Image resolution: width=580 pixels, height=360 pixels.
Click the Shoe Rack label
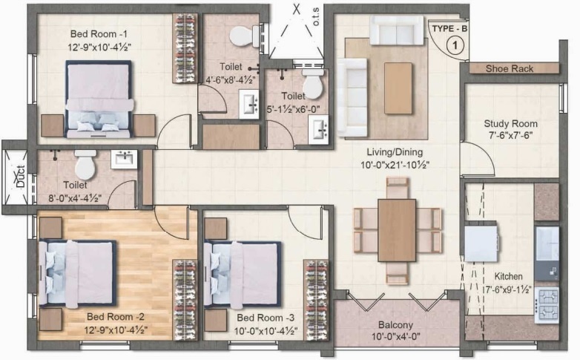[x=510, y=69]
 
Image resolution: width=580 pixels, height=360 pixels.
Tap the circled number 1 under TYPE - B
[x=455, y=44]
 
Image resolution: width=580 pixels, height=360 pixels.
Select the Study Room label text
[x=510, y=123]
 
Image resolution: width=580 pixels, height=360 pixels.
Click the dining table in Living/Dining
[x=397, y=230]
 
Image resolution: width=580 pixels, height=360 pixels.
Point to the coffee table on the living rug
[x=398, y=88]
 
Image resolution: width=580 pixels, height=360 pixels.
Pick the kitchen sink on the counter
[x=547, y=243]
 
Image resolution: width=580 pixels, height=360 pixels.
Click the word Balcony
[x=395, y=325]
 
